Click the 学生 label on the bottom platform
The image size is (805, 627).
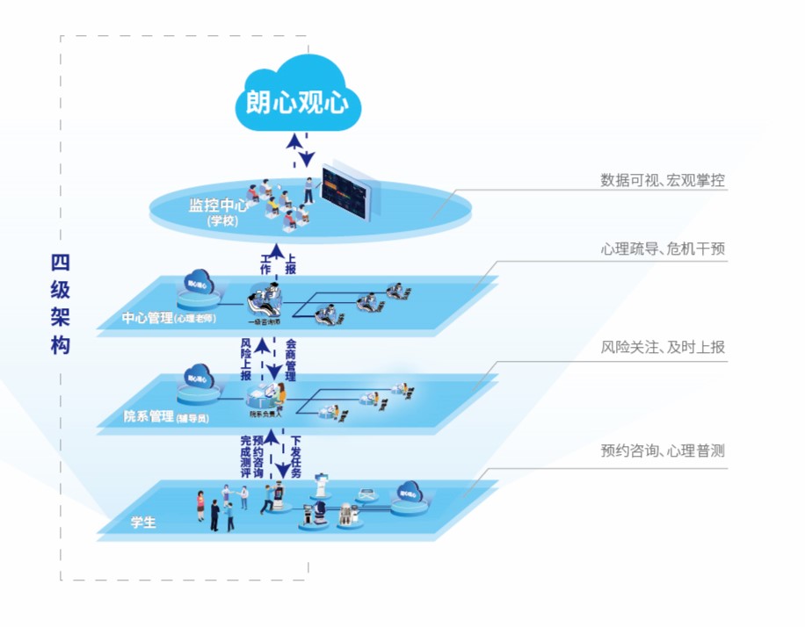coord(143,522)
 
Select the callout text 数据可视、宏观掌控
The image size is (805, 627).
coord(663,180)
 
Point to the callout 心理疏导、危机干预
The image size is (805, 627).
coord(663,249)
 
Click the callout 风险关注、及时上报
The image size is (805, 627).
coord(663,348)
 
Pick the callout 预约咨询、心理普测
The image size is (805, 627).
coord(663,451)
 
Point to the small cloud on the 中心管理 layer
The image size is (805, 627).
coord(197,284)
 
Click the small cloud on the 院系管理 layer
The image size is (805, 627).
coord(197,378)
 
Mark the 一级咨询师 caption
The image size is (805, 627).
coord(264,321)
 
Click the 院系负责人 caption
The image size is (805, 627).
coord(263,414)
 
